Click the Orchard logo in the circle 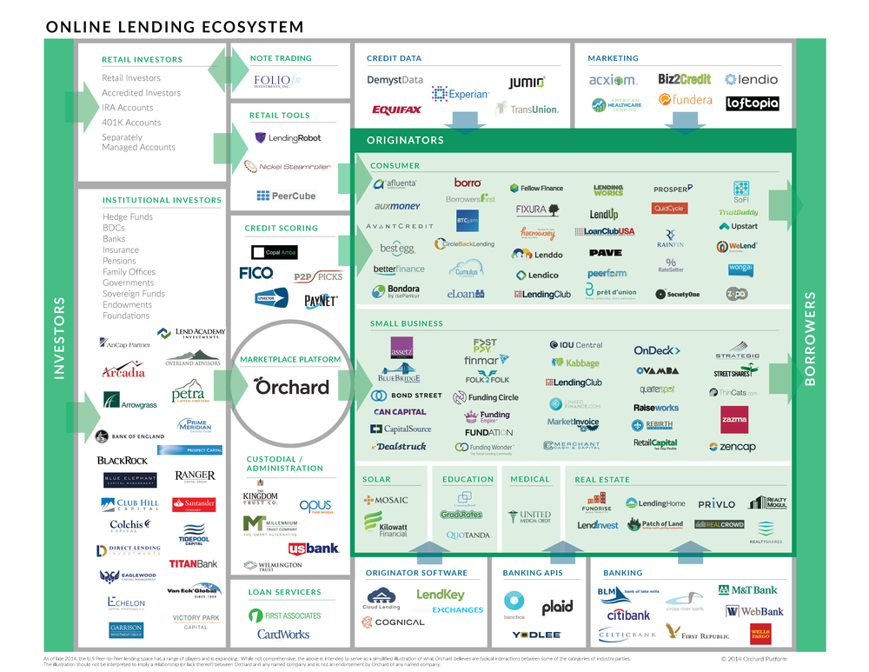[x=292, y=387]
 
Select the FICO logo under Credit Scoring [x=256, y=273]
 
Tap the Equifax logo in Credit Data [x=396, y=110]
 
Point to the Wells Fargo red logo [x=760, y=632]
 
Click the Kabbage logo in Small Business [x=576, y=363]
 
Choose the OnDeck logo [x=656, y=350]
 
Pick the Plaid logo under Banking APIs [x=557, y=608]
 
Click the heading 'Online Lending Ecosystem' [x=175, y=28]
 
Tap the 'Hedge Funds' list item [x=127, y=216]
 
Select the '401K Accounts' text [x=131, y=123]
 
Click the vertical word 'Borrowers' [x=810, y=339]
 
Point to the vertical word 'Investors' [x=60, y=338]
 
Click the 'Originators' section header [x=405, y=140]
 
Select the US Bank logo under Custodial [x=314, y=549]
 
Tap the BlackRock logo [x=123, y=460]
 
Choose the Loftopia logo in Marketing [x=752, y=103]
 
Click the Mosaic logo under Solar [x=386, y=500]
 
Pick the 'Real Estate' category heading [x=601, y=480]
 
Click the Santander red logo [x=194, y=504]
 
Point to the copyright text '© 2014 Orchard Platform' [x=758, y=658]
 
